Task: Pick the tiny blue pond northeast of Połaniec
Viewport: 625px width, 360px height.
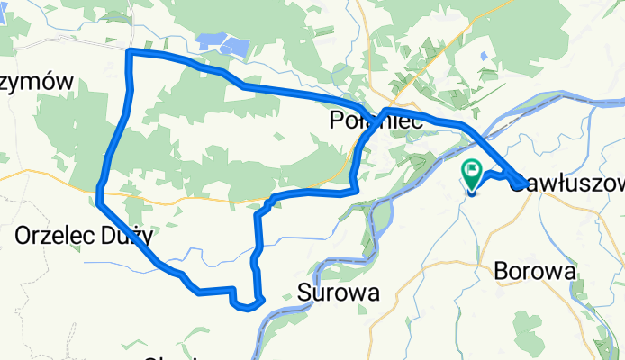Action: (x=485, y=57)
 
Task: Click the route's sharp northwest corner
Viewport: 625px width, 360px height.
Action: (x=130, y=53)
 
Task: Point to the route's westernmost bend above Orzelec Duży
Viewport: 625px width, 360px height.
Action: (x=98, y=189)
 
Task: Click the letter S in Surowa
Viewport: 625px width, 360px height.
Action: (x=304, y=292)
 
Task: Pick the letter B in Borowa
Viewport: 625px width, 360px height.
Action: (x=502, y=270)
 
